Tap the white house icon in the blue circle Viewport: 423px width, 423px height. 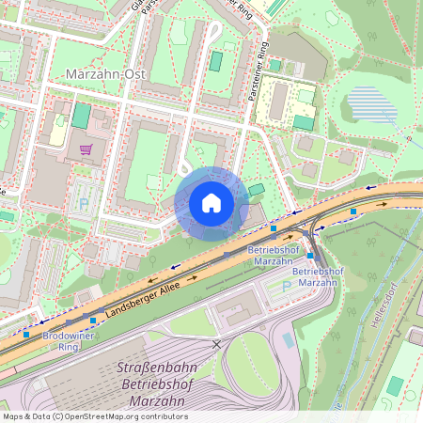click(x=211, y=203)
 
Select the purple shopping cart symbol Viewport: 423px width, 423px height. click(x=86, y=149)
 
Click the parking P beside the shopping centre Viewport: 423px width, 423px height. click(x=84, y=202)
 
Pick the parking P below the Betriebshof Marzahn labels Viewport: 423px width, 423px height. click(x=286, y=287)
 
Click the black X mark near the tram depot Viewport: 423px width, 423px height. click(x=217, y=345)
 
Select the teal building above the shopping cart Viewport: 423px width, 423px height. click(x=81, y=117)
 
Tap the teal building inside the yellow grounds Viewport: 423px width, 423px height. click(x=303, y=122)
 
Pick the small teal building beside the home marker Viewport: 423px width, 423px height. click(x=257, y=191)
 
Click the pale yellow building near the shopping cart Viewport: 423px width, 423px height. click(x=58, y=135)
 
